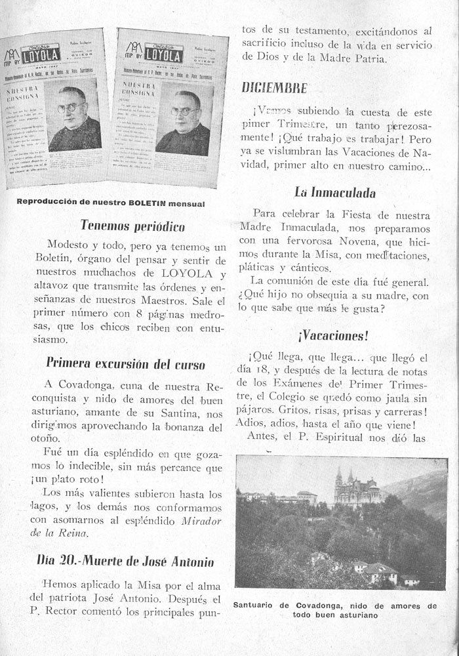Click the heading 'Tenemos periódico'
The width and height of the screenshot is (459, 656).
132,226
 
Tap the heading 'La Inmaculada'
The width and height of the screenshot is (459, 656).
334,193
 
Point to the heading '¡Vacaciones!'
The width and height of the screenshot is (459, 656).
333,335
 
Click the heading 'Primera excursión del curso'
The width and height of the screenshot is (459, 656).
125,363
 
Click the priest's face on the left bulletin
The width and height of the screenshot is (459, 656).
71,103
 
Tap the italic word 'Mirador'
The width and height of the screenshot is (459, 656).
202,520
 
